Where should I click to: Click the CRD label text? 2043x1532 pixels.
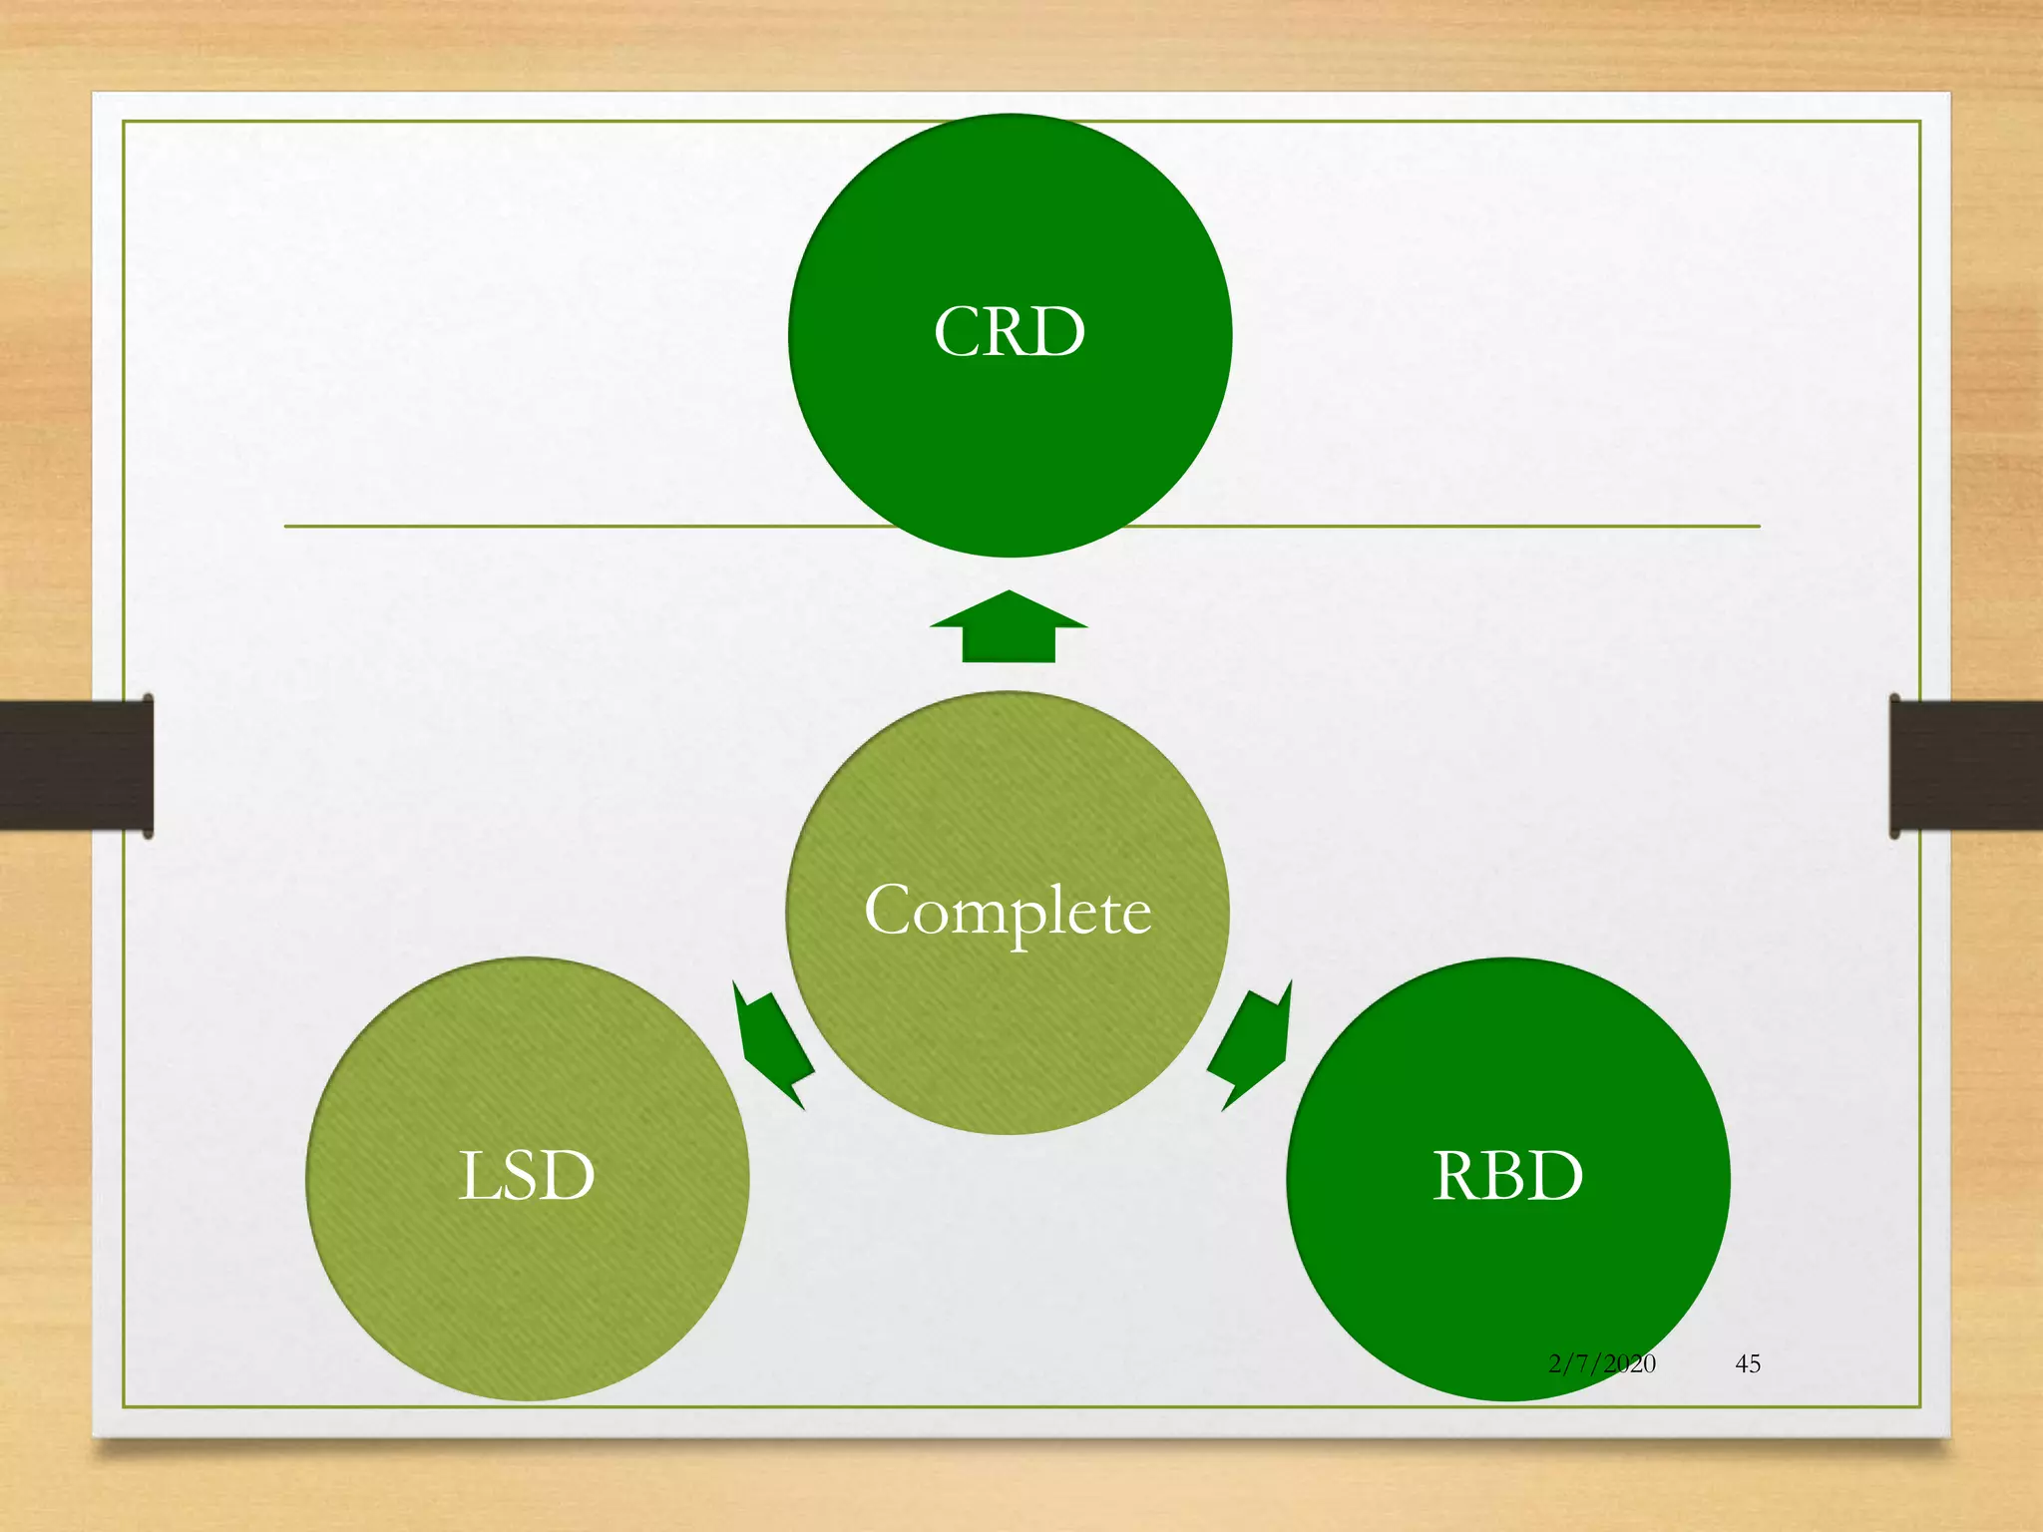point(1010,332)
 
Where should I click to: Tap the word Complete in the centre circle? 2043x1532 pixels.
point(1008,910)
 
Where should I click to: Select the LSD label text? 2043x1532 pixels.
point(527,1175)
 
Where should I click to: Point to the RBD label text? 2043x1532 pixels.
point(1507,1175)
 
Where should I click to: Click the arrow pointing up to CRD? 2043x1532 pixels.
point(1009,628)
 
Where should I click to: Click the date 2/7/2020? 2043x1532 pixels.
point(1601,1363)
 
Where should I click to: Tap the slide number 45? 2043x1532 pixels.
point(1748,1363)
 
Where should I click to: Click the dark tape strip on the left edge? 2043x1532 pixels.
point(75,765)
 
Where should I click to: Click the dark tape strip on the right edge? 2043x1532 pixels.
point(1965,765)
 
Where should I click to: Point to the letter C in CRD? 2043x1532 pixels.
point(959,332)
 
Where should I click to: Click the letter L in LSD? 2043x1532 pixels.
point(479,1175)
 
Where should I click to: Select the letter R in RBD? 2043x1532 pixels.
point(1458,1175)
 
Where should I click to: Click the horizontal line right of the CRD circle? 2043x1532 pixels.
point(1446,526)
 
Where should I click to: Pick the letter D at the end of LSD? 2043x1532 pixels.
point(570,1175)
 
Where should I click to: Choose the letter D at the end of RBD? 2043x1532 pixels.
point(1557,1175)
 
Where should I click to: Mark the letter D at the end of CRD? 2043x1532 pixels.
point(1059,332)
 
